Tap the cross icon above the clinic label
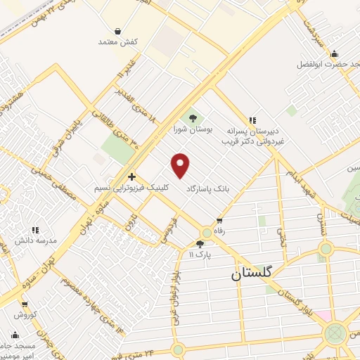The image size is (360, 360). click(x=132, y=177)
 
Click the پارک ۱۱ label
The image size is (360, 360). click(x=202, y=254)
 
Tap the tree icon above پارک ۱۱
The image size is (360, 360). click(x=200, y=243)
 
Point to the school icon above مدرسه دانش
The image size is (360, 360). click(x=34, y=229)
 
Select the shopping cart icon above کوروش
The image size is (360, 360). click(x=25, y=305)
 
